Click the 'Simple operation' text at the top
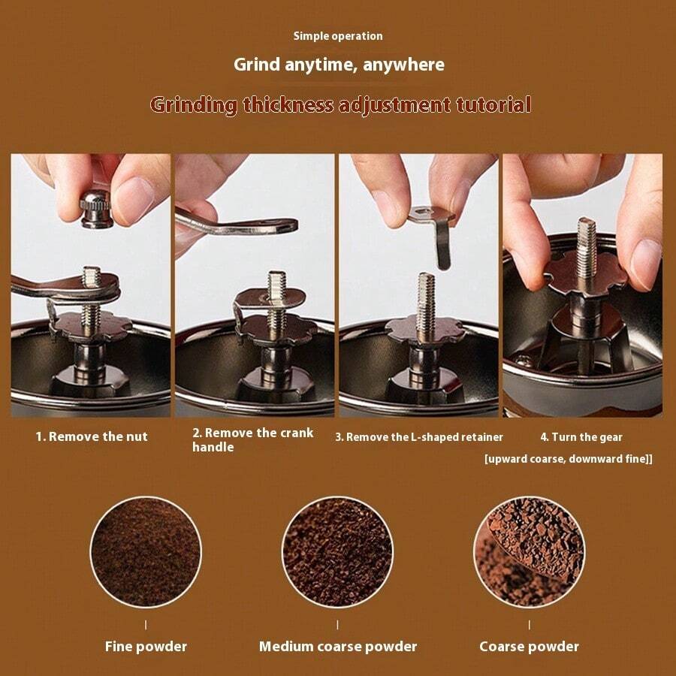[x=337, y=36]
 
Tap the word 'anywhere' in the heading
[x=403, y=65]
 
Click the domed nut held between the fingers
[x=96, y=208]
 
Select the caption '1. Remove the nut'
[x=92, y=436]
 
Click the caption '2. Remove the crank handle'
[x=252, y=440]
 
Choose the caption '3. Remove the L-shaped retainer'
[x=418, y=437]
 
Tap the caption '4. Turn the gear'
[x=581, y=437]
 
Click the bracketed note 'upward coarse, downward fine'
[x=568, y=458]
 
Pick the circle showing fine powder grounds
[x=146, y=551]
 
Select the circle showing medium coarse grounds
[x=337, y=551]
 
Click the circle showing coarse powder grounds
[x=529, y=551]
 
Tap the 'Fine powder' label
[x=146, y=646]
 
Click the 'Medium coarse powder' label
[x=337, y=646]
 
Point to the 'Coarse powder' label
[x=529, y=646]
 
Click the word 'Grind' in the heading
[x=256, y=65]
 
